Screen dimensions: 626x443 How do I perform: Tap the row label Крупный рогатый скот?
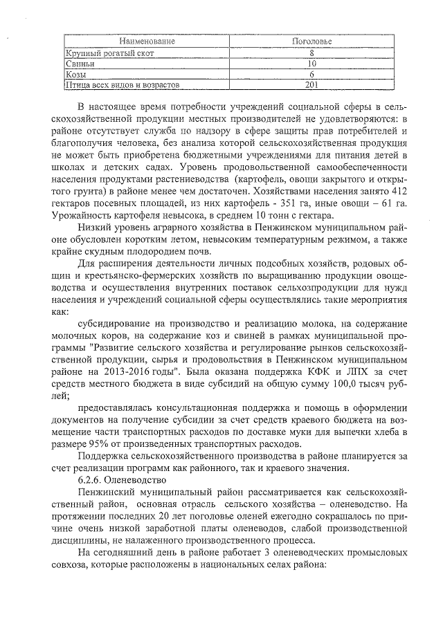pyautogui.click(x=109, y=53)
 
